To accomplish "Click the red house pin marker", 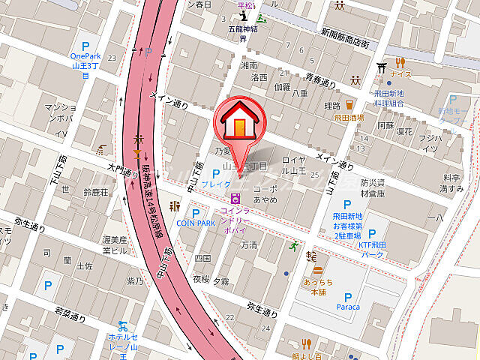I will [238, 121].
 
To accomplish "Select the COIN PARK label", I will [196, 223].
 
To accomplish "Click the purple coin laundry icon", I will [236, 199].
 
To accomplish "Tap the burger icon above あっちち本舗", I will [317, 269].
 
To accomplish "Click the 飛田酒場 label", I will [349, 118].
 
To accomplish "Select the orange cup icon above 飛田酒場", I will [349, 104].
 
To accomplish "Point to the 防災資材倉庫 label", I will [372, 187].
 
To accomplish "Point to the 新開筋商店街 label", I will [345, 38].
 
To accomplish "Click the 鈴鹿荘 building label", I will [96, 193].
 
